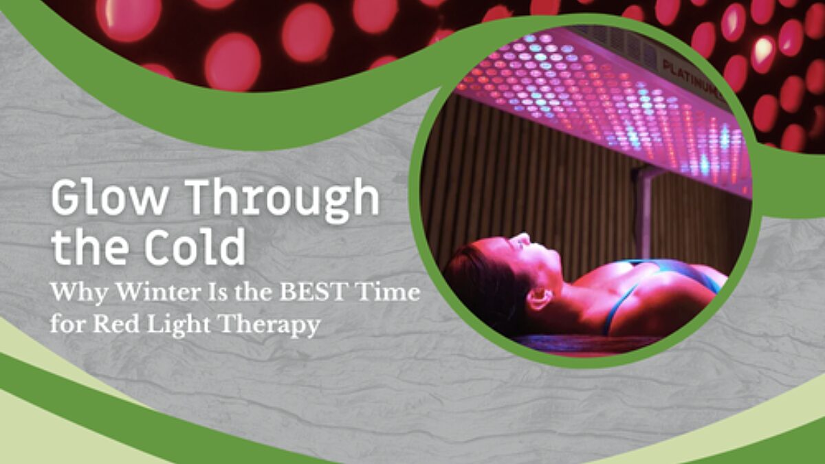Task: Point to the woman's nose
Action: (525, 240)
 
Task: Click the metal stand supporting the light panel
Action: (643, 213)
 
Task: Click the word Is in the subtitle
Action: (217, 293)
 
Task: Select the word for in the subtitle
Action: (67, 324)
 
